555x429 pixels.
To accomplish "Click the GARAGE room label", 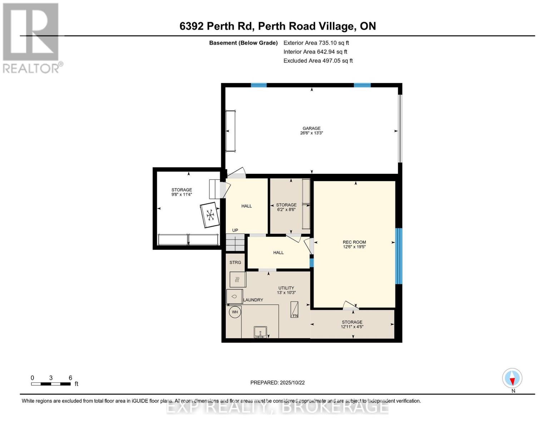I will (x=311, y=128).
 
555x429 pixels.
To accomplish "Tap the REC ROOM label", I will (x=354, y=242).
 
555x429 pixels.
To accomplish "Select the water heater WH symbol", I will (x=235, y=312).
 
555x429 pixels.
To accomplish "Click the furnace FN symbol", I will (x=294, y=310).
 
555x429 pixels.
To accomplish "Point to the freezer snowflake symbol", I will (x=210, y=215).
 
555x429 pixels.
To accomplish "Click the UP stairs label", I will (x=235, y=230).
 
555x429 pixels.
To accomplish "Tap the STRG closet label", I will (x=235, y=262).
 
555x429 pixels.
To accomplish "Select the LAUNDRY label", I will (x=253, y=300).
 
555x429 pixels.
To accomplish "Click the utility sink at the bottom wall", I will (x=260, y=332).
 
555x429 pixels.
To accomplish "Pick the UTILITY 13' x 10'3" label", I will (x=286, y=290).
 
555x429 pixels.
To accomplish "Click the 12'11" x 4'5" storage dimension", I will (x=352, y=327).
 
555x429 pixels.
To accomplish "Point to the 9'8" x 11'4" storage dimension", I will (x=182, y=194).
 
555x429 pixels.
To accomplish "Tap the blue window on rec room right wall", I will (x=398, y=256).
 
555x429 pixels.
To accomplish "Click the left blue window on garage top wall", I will (x=258, y=85).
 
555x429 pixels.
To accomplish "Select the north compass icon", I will (x=512, y=378).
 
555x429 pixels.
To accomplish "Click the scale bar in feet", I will (x=51, y=384).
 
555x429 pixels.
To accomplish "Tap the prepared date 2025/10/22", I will (x=277, y=383).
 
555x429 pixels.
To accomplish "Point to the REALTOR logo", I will (x=32, y=38).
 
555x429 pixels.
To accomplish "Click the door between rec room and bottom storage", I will (x=350, y=306).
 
